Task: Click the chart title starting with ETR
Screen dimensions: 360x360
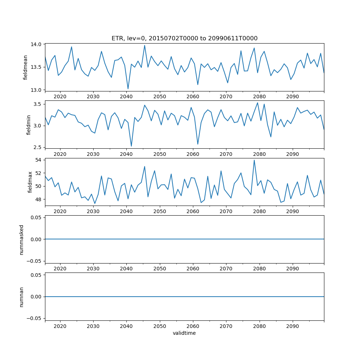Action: coord(184,38)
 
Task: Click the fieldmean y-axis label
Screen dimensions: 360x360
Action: coord(25,68)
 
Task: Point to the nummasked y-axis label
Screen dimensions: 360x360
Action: coord(21,239)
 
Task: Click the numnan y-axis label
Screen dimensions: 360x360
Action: coord(21,297)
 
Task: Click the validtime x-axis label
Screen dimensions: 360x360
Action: coord(184,333)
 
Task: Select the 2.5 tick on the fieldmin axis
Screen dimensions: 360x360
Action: coord(38,147)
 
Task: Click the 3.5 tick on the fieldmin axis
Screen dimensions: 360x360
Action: coord(38,104)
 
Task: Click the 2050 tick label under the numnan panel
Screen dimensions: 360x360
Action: coord(159,326)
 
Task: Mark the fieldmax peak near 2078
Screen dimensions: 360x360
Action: coord(254,160)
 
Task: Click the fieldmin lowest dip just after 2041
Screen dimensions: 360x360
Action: coord(131,146)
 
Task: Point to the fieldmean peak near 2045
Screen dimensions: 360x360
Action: coord(145,45)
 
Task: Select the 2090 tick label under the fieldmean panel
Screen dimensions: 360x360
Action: coord(292,97)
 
